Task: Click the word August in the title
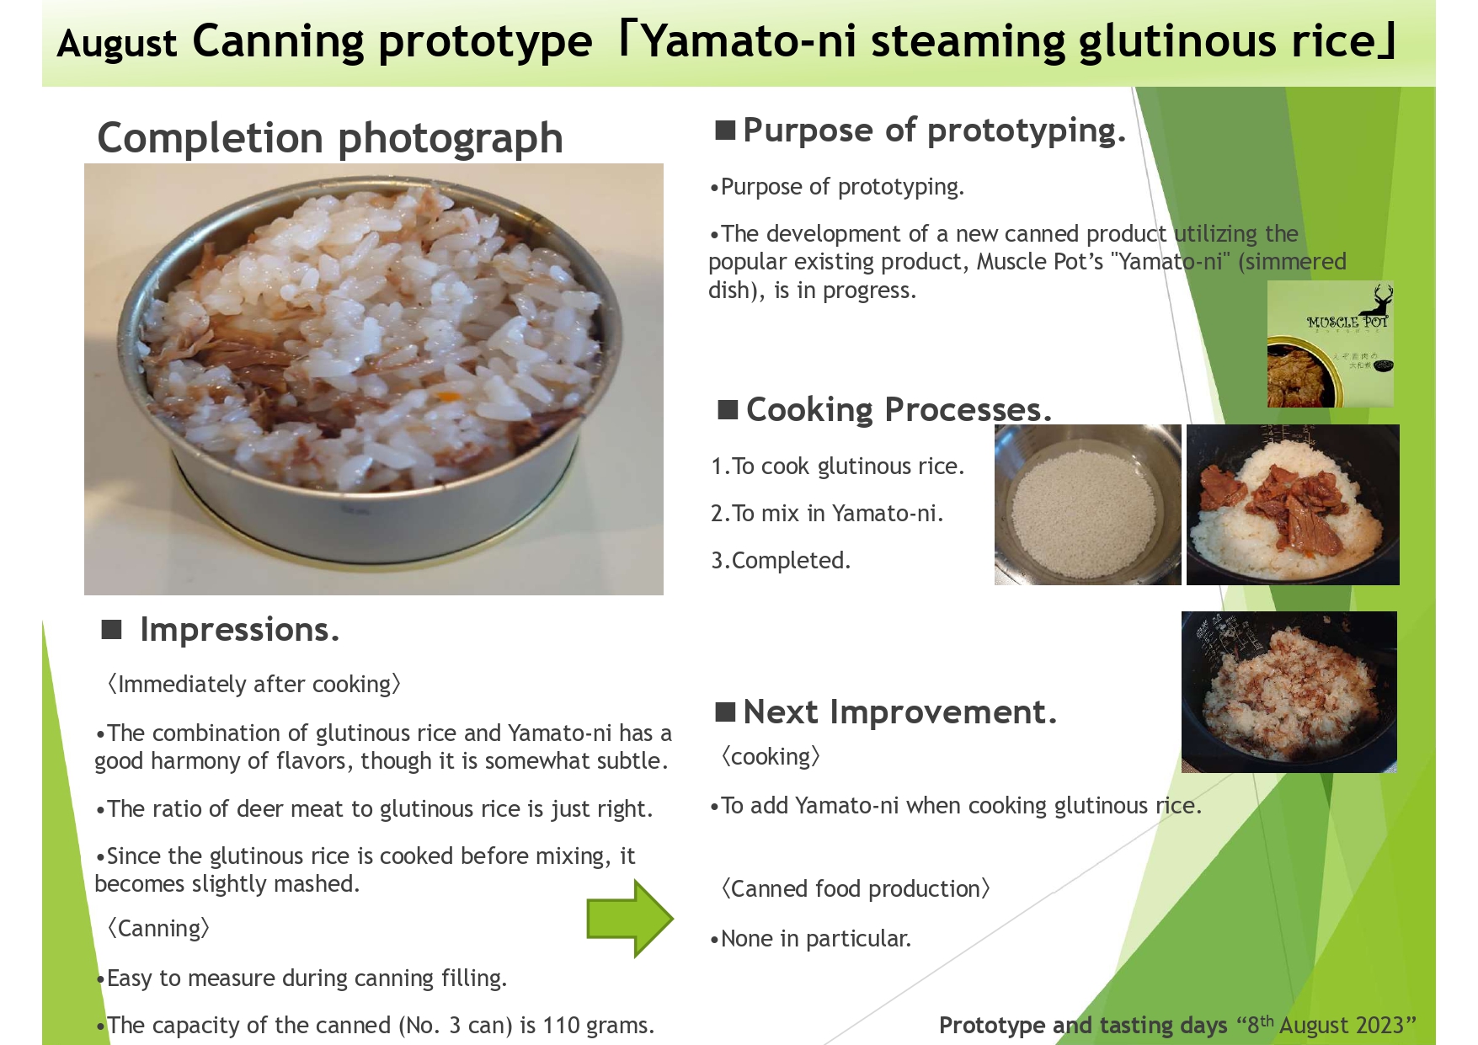pos(117,44)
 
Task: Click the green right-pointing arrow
pos(630,919)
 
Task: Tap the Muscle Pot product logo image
pos(1330,344)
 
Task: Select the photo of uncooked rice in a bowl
pos(1087,504)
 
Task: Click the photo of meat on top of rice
pos(1293,504)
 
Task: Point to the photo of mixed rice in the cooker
pos(1289,692)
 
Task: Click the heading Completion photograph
pos(330,138)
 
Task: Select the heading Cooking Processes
pos(899,410)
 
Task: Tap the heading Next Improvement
pos(899,712)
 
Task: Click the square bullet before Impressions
pos(112,630)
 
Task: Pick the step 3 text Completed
pos(781,561)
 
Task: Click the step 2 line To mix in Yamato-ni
pos(827,514)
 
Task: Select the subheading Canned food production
pos(856,889)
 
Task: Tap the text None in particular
pos(810,939)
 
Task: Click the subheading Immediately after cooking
pos(254,685)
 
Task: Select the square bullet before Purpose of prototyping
pos(725,131)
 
